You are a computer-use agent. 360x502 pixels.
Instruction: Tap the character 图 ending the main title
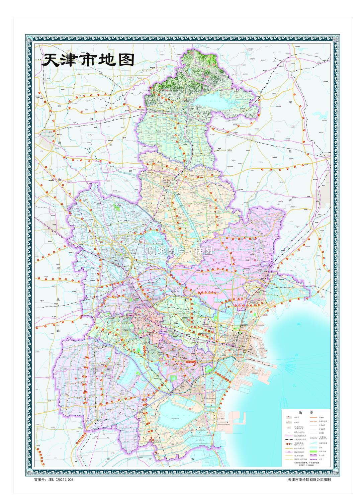point(126,60)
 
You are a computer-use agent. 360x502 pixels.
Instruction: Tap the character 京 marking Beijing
point(60,142)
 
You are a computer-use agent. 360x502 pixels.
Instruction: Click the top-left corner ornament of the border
point(29,39)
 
